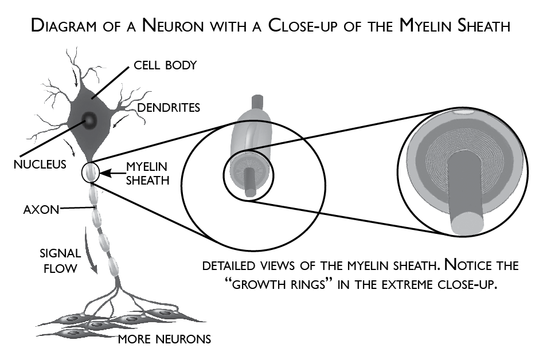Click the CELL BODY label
[x=165, y=65]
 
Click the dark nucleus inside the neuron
[x=89, y=119]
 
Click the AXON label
[x=41, y=210]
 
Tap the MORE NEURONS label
[x=164, y=339]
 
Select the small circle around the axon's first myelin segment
[x=91, y=173]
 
